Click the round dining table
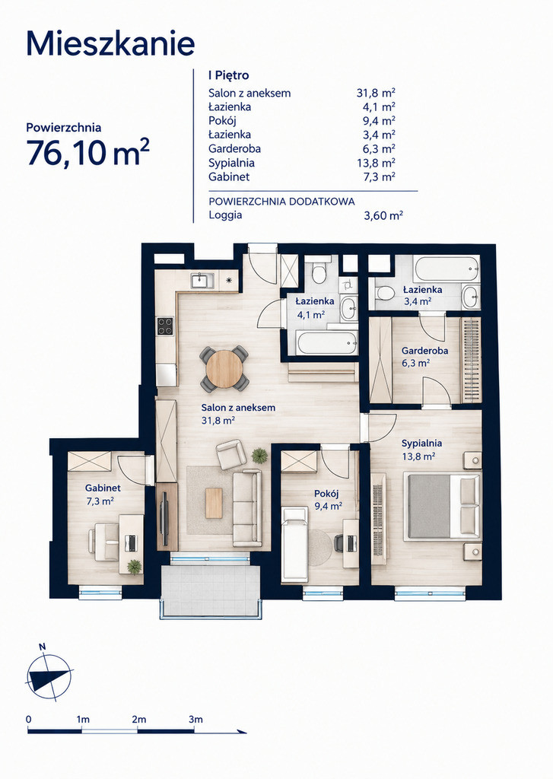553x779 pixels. pyautogui.click(x=224, y=369)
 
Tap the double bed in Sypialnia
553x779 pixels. pyautogui.click(x=443, y=506)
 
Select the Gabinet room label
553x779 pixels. pyautogui.click(x=103, y=488)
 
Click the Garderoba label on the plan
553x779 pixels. pyautogui.click(x=424, y=350)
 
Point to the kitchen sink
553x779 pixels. pyautogui.click(x=202, y=280)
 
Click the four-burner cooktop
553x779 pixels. pyautogui.click(x=166, y=326)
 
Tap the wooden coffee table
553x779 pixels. pyautogui.click(x=215, y=504)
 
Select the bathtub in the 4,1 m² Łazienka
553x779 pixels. pyautogui.click(x=326, y=343)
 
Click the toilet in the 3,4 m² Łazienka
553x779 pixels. pyautogui.click(x=383, y=293)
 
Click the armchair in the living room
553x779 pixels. pyautogui.click(x=231, y=455)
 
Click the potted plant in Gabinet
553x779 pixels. pyautogui.click(x=134, y=567)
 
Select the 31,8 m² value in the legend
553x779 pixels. pyautogui.click(x=376, y=92)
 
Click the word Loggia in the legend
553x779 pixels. pyautogui.click(x=226, y=215)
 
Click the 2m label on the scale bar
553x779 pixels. pyautogui.click(x=139, y=719)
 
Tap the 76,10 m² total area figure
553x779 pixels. pyautogui.click(x=88, y=151)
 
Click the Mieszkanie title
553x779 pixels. pyautogui.click(x=110, y=43)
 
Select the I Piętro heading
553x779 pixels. pyautogui.click(x=228, y=75)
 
